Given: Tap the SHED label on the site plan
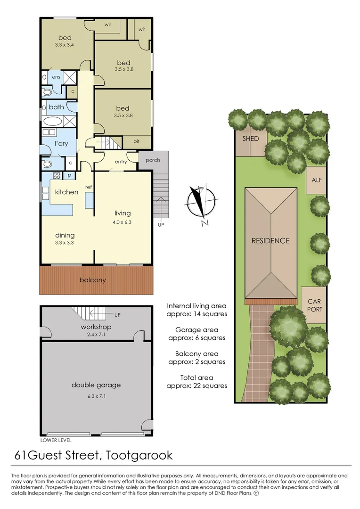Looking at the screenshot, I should click(251, 139).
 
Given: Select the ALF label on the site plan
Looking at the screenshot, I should click(317, 180).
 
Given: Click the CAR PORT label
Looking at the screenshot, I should click(315, 305).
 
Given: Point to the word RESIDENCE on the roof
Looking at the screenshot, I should click(270, 241).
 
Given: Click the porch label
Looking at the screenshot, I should click(153, 160).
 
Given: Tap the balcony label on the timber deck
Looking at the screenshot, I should click(92, 280).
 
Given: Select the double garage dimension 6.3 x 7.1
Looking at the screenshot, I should click(96, 396).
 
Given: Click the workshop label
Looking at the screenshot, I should click(96, 327).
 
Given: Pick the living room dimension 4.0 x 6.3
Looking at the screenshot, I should click(121, 222).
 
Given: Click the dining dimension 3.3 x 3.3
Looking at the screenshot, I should click(65, 243).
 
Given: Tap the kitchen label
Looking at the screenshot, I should click(66, 192).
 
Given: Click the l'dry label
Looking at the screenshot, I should click(62, 142).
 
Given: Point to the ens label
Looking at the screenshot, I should click(57, 76).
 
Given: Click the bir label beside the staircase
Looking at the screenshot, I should click(136, 141).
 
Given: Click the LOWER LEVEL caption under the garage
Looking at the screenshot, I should click(56, 440).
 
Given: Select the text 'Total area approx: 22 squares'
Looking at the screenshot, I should click(197, 381).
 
